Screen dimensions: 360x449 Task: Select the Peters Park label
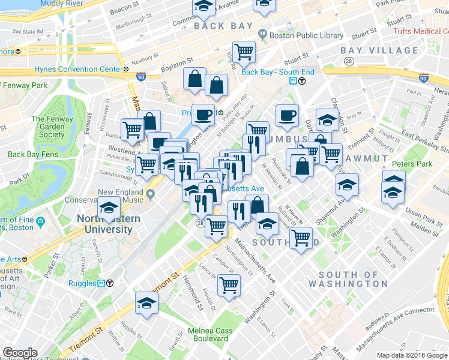coord(412,163)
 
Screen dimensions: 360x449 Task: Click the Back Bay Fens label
coord(31,154)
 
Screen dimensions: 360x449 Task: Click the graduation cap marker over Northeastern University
coord(109,208)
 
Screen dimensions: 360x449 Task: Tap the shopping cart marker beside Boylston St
coord(244,52)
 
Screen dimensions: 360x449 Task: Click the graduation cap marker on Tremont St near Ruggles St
coord(146,304)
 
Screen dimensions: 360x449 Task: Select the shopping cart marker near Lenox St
coord(229,286)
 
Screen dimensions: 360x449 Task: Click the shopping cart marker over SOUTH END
coord(301,238)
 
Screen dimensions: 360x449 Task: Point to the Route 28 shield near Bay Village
coord(348,61)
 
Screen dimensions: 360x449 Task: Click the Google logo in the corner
coord(20,353)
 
